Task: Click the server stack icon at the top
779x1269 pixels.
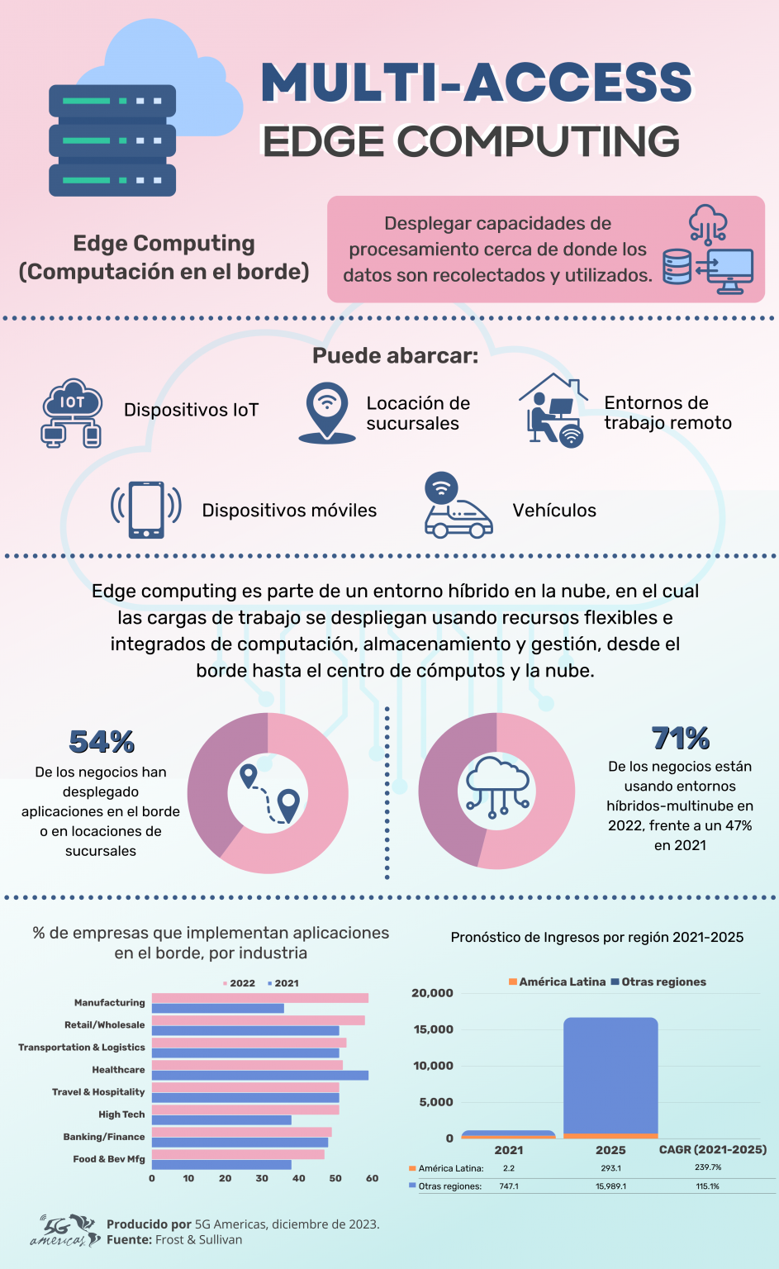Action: coord(112,140)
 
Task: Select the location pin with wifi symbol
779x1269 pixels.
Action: coord(327,411)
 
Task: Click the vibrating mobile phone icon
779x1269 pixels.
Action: coord(146,510)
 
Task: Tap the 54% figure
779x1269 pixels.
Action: coord(102,742)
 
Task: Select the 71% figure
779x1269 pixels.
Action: coord(681,738)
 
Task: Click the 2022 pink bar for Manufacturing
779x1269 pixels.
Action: coord(259,998)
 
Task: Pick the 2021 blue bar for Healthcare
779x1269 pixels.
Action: coord(259,1075)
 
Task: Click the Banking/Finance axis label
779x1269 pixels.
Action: coord(104,1137)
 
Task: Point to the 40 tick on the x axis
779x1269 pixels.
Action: coord(298,1178)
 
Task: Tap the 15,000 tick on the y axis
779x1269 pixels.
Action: coord(433,1029)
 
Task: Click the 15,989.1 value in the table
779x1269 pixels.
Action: coord(610,1186)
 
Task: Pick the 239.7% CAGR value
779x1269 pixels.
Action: coord(708,1167)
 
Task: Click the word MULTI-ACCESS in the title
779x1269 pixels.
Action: coord(477,83)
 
